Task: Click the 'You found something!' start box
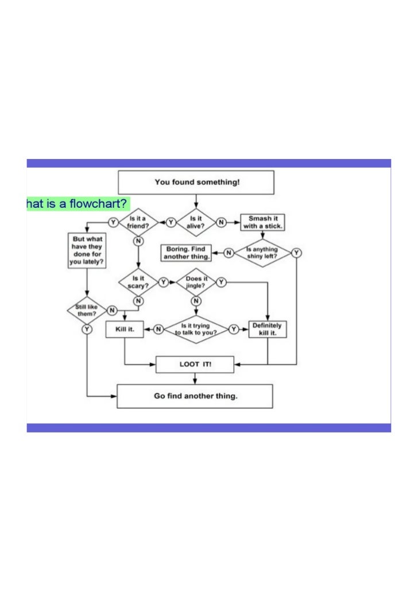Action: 196,182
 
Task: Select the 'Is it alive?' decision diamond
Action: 196,222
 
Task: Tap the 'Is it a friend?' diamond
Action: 138,222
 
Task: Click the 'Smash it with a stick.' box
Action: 264,222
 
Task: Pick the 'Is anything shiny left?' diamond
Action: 262,253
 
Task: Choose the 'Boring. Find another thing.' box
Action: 186,253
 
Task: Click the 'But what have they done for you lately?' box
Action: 87,250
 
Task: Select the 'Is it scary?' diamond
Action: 138,282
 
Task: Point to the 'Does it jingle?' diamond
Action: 196,282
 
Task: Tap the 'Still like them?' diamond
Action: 87,311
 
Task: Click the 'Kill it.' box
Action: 125,329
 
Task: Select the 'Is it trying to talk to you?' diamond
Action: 196,329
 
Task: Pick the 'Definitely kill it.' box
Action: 268,329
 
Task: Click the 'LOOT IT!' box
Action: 195,364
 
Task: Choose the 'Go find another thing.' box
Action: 195,396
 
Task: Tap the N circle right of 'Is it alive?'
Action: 220,222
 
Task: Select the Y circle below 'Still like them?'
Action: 87,329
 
